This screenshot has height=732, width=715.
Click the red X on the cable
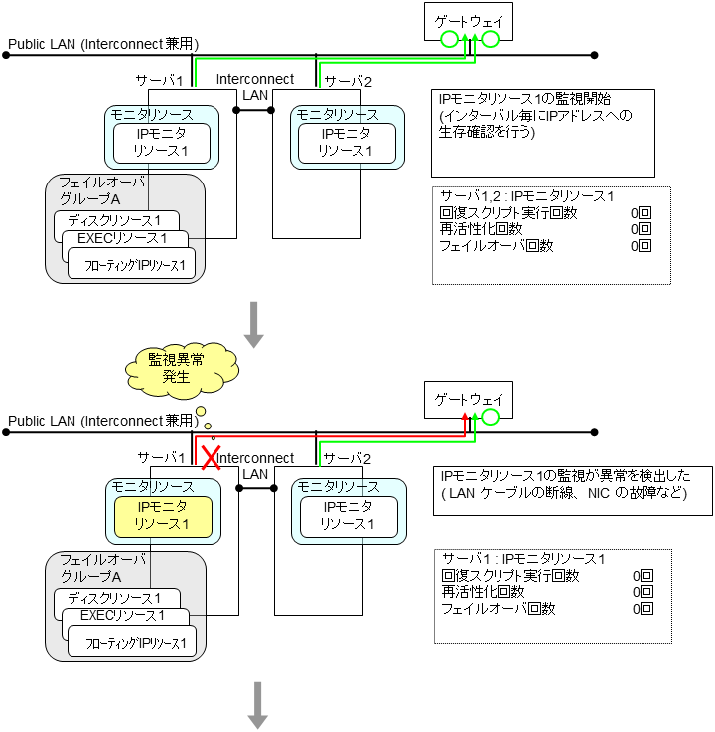tap(210, 457)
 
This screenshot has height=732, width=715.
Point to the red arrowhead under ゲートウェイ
tap(467, 421)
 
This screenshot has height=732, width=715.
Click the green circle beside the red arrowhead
tap(490, 418)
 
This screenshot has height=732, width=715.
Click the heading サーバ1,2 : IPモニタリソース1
tap(527, 195)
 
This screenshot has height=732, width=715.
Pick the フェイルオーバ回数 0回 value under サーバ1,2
tap(641, 246)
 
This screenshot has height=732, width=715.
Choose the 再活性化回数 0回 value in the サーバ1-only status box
tap(643, 592)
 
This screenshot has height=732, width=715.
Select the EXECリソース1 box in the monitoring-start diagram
tap(123, 239)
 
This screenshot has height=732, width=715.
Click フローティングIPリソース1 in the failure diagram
tap(131, 643)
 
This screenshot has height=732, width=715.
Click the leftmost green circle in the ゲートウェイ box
tap(449, 40)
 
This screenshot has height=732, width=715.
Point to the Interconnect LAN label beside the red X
tap(256, 465)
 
